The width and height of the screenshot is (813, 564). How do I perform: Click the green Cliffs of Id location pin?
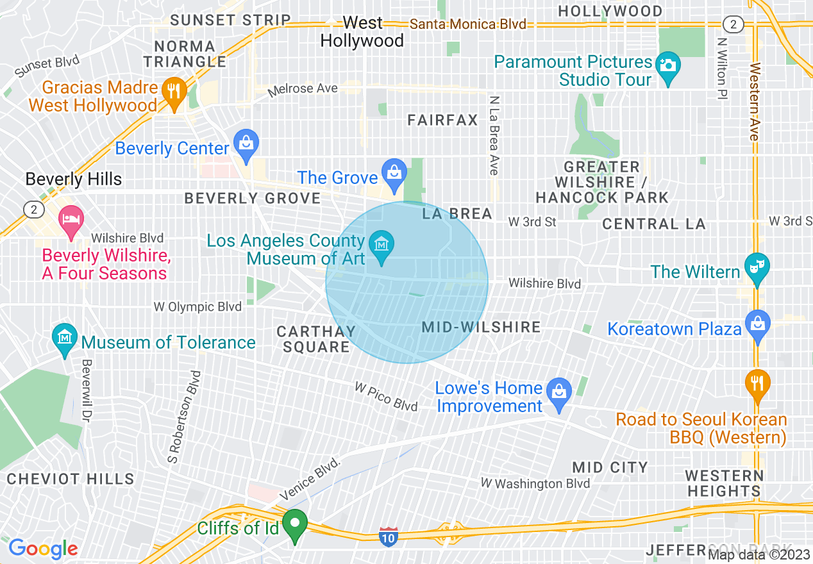pos(295,524)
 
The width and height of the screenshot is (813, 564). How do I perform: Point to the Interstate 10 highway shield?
pos(389,536)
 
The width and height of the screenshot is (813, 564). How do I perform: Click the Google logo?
pos(43,549)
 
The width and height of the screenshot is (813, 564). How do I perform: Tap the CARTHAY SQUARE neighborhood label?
pos(316,339)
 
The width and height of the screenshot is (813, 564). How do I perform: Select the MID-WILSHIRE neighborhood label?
pos(482,327)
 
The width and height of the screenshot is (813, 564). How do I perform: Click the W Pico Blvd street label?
pos(386,397)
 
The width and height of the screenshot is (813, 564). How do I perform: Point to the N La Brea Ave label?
pos(493,135)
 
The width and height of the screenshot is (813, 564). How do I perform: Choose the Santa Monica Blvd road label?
pos(467,24)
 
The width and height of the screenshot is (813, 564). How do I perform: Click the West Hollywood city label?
pos(362,32)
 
